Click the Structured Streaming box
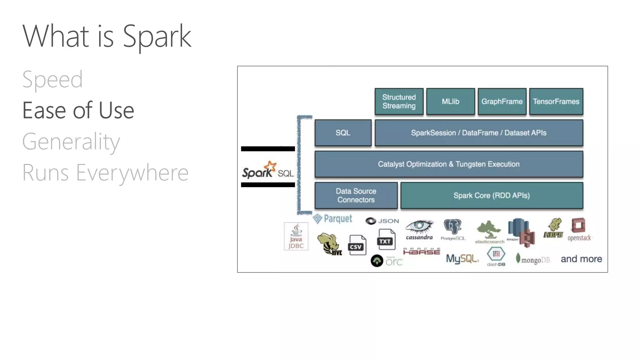point(399,102)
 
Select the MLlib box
point(450,102)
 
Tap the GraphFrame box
point(502,102)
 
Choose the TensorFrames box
point(556,102)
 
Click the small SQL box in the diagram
point(343,133)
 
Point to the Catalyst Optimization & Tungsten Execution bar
point(449,164)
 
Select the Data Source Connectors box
point(356,195)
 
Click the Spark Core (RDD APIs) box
point(492,195)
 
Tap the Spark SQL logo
point(268,170)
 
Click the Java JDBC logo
point(296,236)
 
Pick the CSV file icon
point(357,245)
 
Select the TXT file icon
point(386,240)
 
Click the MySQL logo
point(462,259)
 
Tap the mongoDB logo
point(533,259)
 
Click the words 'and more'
point(581,259)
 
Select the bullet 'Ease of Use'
point(78,111)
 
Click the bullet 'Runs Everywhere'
point(105,172)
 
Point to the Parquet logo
point(332,218)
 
